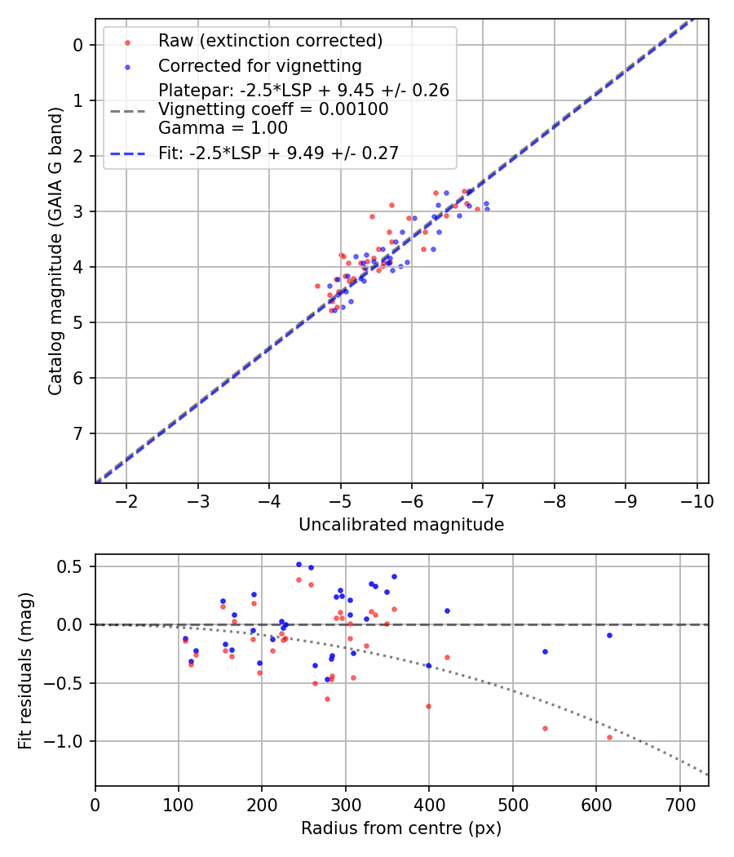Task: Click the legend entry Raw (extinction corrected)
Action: coord(270,41)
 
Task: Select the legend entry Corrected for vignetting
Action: coord(259,65)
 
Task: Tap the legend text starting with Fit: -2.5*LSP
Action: coord(278,153)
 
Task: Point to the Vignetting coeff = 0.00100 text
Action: coord(273,109)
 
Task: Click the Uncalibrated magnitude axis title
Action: coord(401,525)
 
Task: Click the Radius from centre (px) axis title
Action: coord(401,828)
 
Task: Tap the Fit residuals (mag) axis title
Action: coord(26,670)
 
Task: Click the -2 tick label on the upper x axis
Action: coord(126,500)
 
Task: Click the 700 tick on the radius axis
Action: coord(679,803)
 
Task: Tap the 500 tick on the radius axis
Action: coord(512,803)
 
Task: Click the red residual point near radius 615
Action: coord(609,737)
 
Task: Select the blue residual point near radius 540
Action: coord(545,651)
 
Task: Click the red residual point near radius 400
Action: coord(428,706)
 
